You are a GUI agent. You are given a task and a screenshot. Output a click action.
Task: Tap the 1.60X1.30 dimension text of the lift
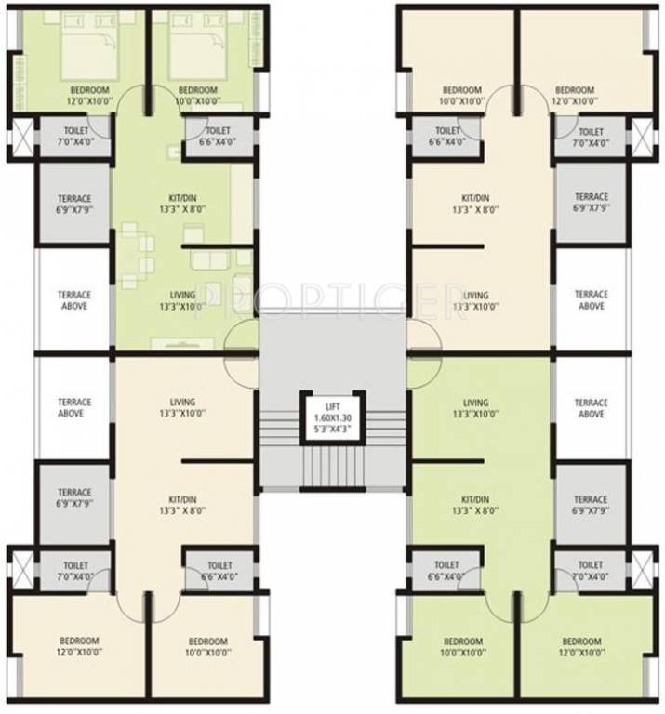(332, 418)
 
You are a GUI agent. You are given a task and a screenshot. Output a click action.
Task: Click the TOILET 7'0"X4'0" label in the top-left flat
(75, 137)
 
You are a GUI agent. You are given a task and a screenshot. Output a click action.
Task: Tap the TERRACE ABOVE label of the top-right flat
(591, 300)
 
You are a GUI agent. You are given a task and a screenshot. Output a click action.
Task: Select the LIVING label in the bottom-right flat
(476, 408)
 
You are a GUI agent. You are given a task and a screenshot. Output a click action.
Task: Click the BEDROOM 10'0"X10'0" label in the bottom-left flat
(207, 647)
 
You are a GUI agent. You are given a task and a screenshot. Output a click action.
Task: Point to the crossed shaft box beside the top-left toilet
(20, 138)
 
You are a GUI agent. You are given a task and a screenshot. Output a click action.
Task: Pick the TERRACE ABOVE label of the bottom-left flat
(75, 407)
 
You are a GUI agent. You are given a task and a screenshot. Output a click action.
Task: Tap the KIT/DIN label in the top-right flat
(476, 204)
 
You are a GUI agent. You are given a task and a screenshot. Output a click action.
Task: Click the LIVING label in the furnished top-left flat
(180, 300)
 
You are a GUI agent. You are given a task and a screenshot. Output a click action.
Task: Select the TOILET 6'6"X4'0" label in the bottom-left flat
(219, 571)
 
